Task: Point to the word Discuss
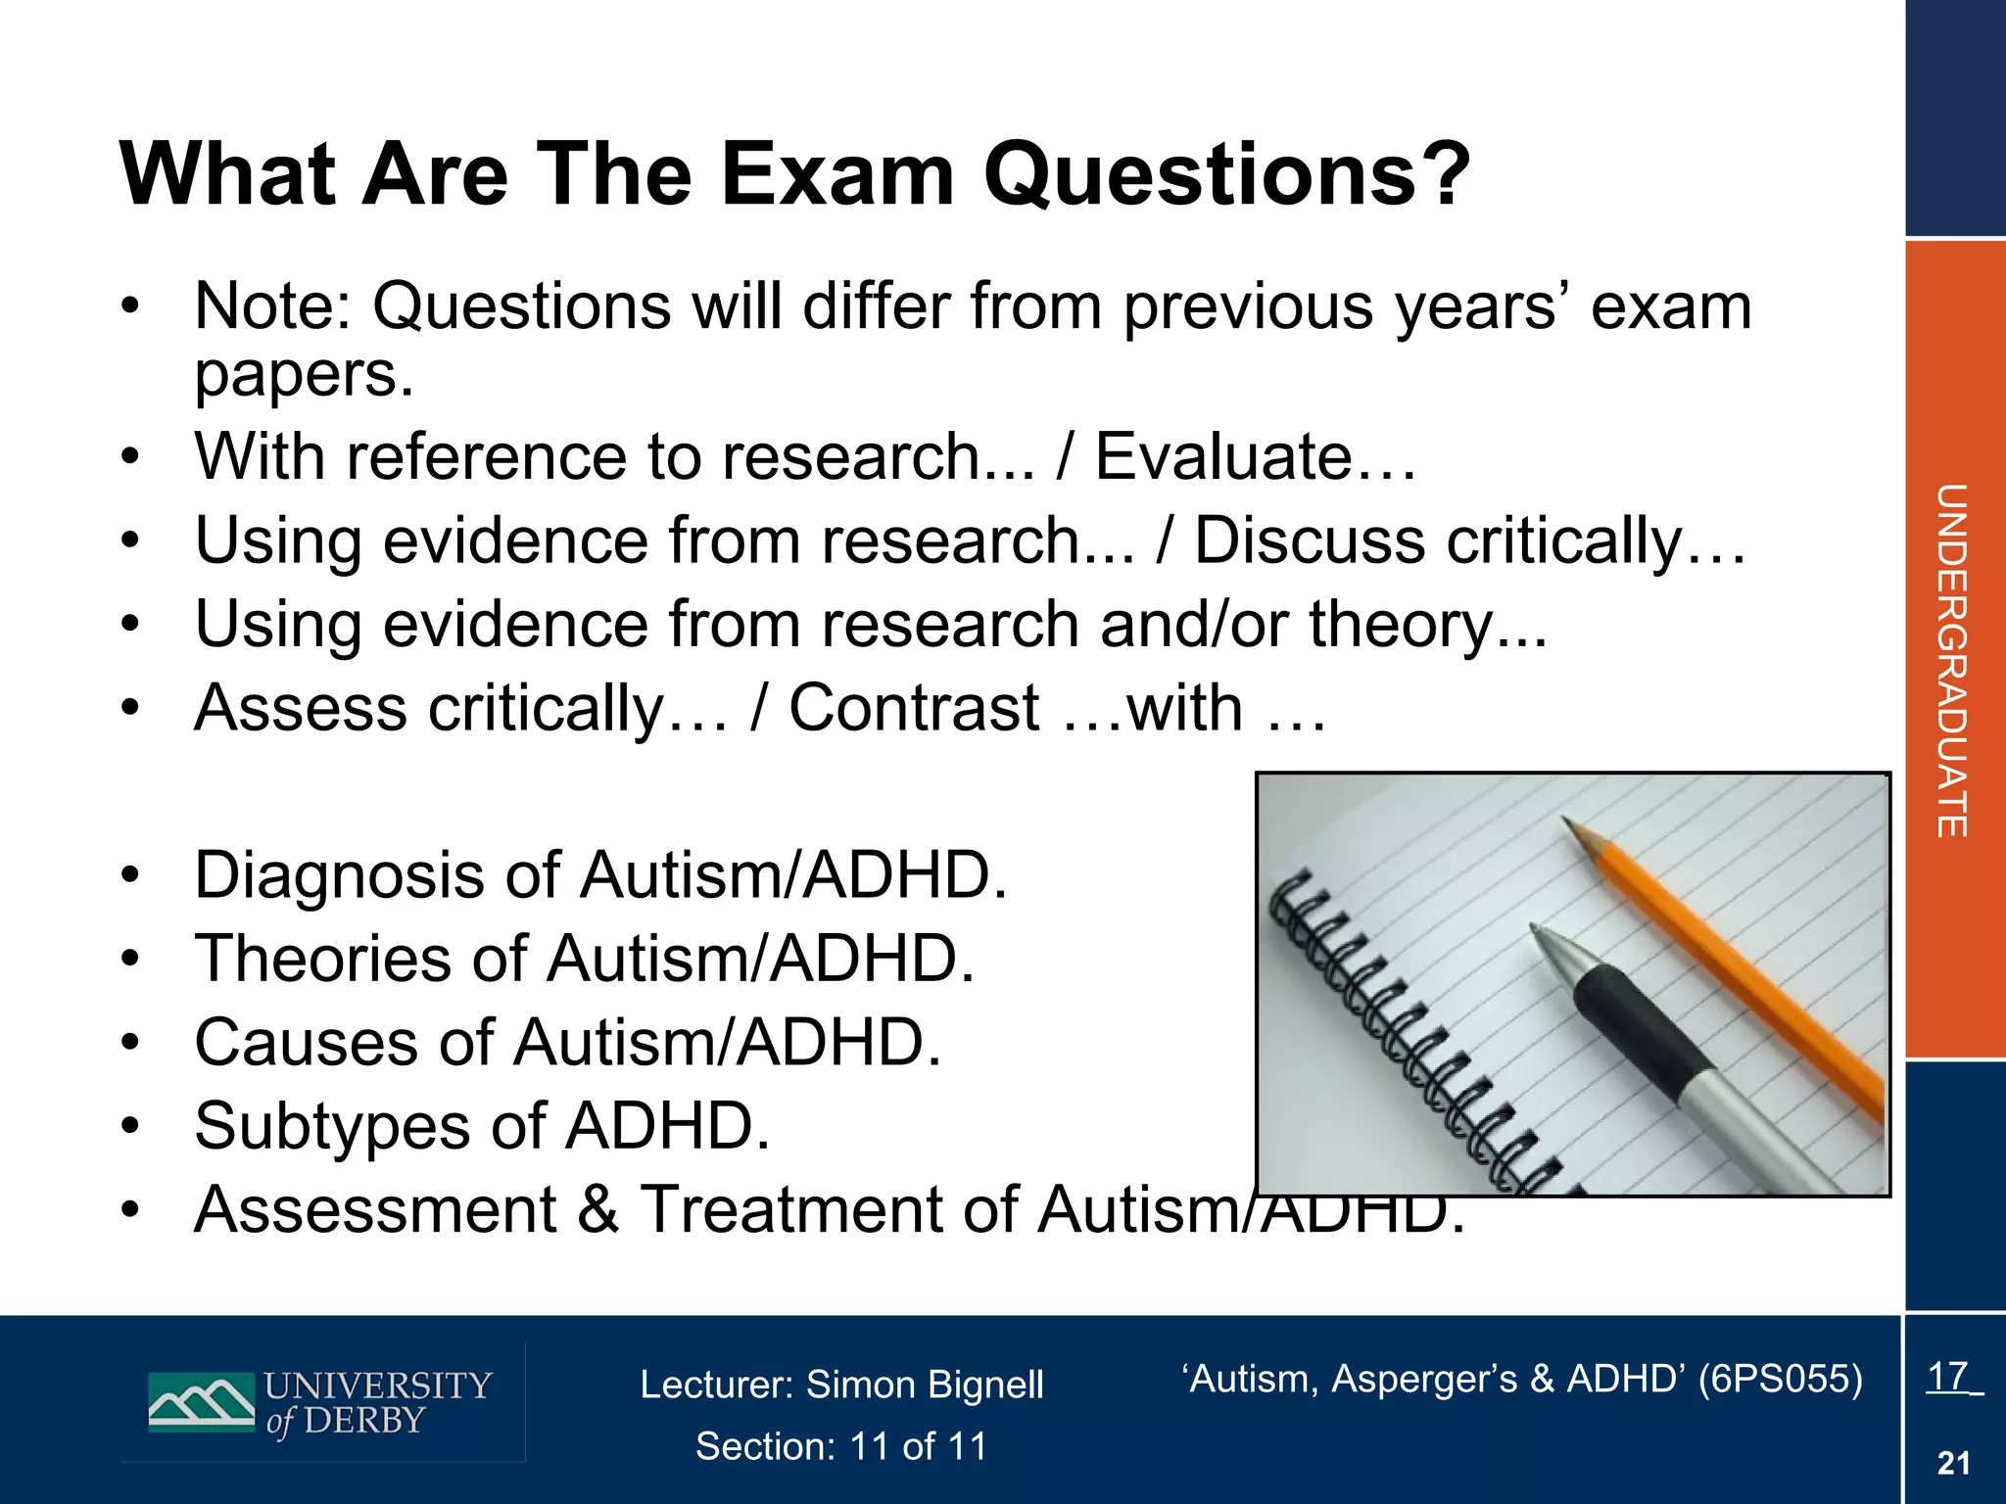pos(1309,540)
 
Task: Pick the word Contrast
pos(914,708)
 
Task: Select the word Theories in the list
pos(324,959)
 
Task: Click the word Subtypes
pos(332,1126)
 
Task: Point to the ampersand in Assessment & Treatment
pos(598,1209)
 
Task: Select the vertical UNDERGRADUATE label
pos(1952,660)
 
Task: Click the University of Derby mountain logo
pos(201,1402)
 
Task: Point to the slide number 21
pos(1953,1463)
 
